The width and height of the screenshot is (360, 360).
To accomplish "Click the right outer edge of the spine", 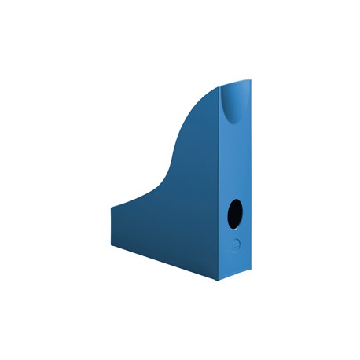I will (252, 173).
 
